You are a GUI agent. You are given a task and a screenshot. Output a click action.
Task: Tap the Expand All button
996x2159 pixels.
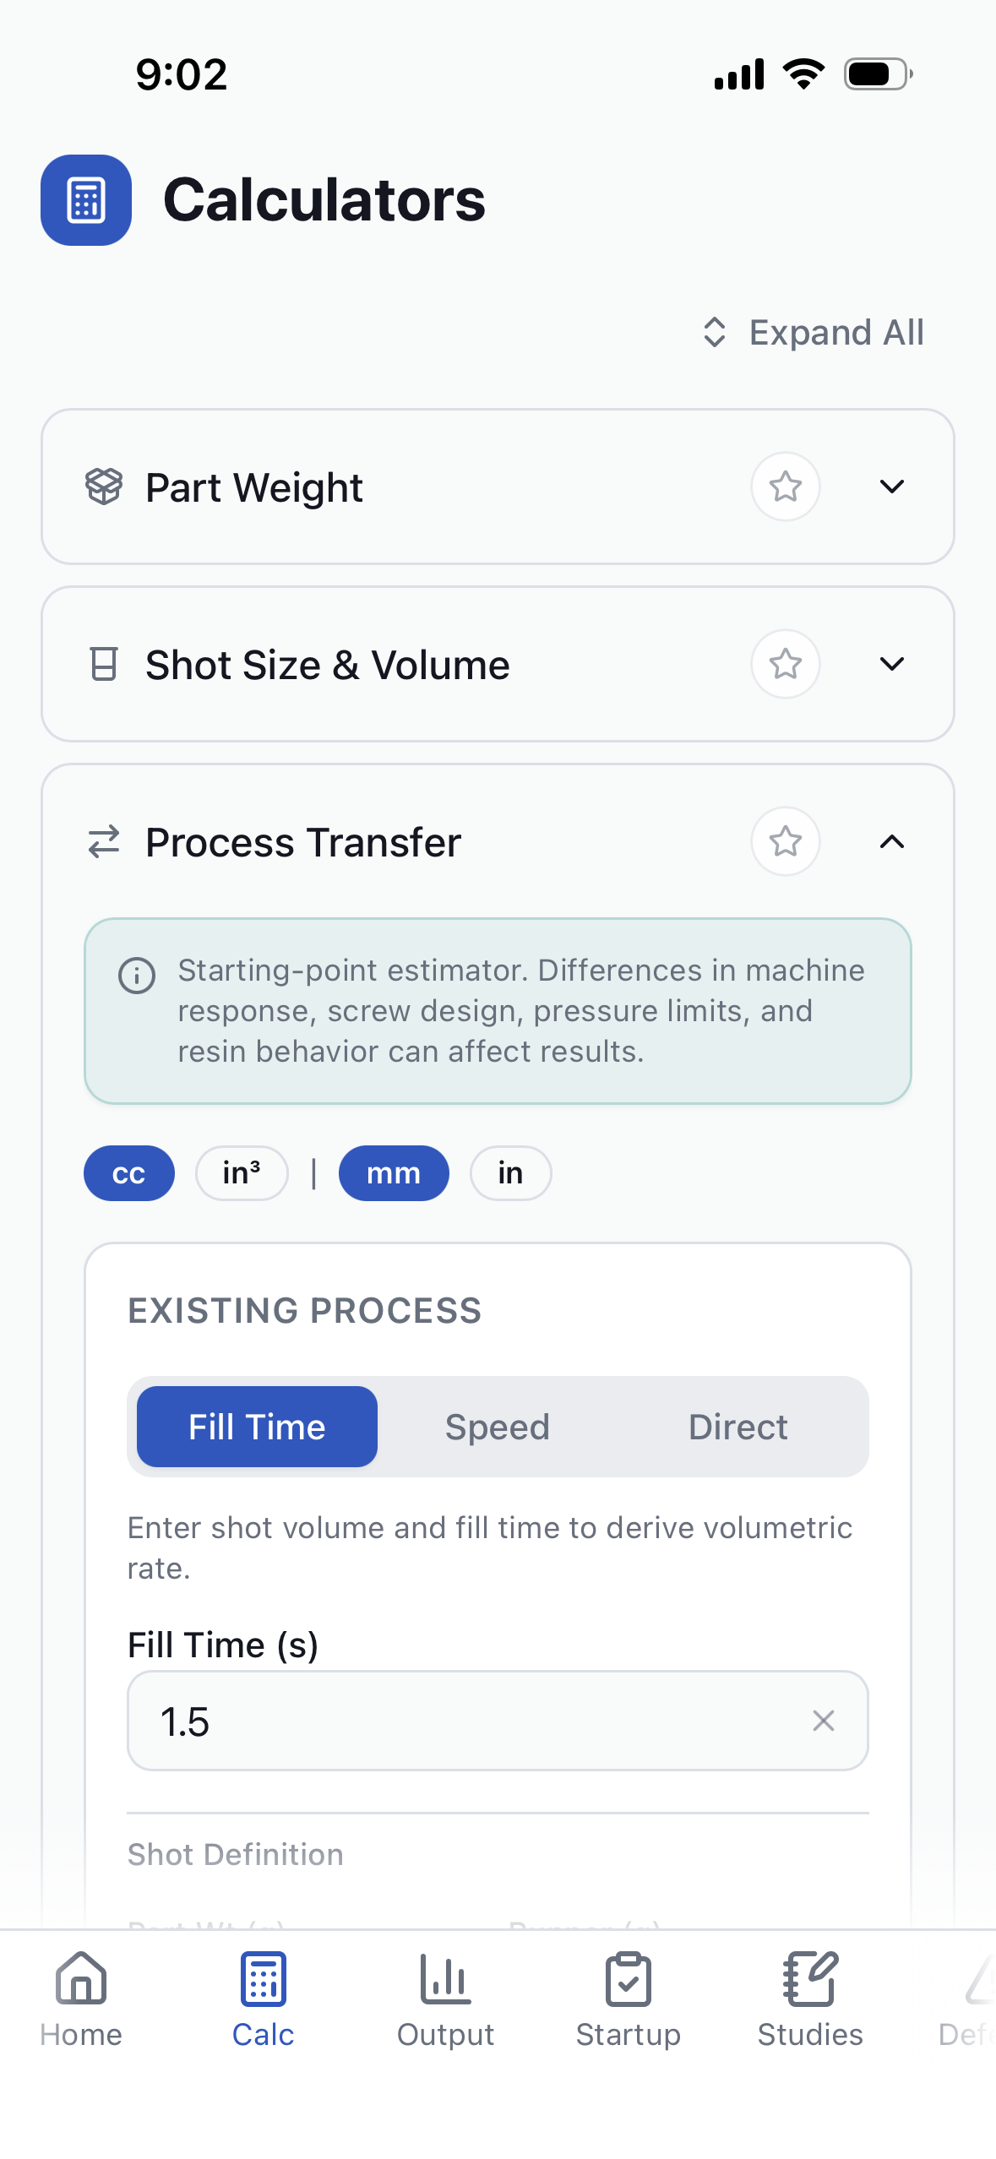[x=814, y=333]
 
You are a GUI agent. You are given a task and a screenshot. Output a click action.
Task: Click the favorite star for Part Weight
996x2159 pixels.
[x=785, y=487]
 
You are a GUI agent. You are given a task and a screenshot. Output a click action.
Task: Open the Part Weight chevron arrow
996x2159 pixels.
[x=891, y=487]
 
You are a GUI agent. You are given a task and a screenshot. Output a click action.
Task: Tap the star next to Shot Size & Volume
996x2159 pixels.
[x=785, y=664]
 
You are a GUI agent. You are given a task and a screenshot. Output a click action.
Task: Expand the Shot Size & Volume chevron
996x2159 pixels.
[x=891, y=664]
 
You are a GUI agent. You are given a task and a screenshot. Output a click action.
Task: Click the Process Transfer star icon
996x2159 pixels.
[x=785, y=841]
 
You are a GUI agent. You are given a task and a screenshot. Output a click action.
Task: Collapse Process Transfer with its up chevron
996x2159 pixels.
[x=891, y=841]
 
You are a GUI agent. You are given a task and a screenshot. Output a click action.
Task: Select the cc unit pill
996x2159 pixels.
[x=128, y=1173]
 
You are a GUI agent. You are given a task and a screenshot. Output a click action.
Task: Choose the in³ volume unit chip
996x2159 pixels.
[x=242, y=1173]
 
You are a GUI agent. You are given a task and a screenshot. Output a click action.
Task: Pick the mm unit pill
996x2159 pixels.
[x=394, y=1173]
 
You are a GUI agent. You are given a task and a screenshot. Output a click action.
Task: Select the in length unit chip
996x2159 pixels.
[x=510, y=1173]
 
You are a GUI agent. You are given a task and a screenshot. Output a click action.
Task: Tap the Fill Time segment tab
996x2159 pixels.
[x=257, y=1427]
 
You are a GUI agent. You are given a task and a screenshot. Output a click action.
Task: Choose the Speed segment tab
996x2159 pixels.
[x=498, y=1427]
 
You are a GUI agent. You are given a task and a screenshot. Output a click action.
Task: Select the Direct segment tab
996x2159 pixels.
[x=737, y=1427]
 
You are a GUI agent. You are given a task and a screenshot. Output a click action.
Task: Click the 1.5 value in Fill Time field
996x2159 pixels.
[x=186, y=1721]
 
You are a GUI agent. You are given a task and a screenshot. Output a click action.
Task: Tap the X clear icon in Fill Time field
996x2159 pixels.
[x=823, y=1721]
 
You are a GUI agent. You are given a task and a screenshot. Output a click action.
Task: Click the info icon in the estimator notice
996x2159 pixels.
[x=137, y=976]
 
